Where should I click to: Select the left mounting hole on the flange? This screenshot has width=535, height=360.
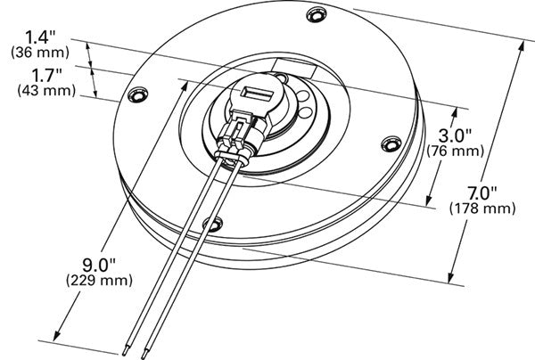tap(137, 94)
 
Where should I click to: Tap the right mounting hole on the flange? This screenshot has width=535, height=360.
tap(391, 142)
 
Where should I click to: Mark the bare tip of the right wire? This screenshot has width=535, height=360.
tap(147, 354)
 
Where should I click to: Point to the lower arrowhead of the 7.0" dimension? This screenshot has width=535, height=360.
tap(452, 277)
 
